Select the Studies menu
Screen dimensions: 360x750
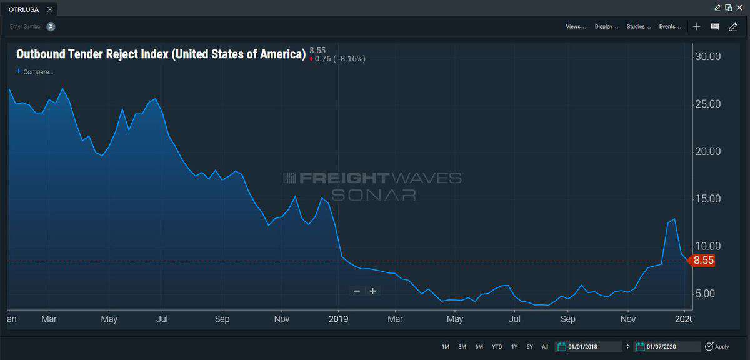[637, 27]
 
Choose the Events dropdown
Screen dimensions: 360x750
[669, 27]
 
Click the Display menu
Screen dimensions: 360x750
[606, 27]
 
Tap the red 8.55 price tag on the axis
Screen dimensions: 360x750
[702, 261]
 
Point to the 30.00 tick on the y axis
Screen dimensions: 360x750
[707, 57]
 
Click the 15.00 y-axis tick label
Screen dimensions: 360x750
[707, 199]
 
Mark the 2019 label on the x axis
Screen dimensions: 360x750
[338, 319]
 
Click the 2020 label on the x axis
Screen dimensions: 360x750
[684, 319]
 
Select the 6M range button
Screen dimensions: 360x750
[479, 347]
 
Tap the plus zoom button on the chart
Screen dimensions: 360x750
[373, 291]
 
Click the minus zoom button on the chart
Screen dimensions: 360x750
[357, 291]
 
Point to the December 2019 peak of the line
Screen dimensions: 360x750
[674, 219]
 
